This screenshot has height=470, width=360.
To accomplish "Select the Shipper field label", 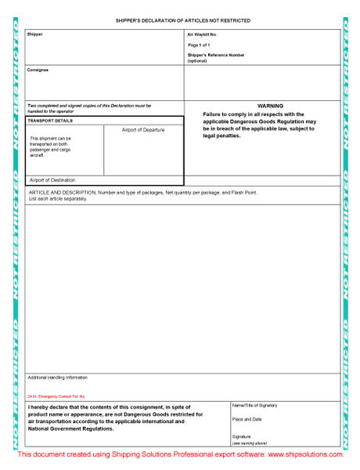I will (35, 34).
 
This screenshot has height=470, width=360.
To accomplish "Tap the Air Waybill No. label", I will (202, 35).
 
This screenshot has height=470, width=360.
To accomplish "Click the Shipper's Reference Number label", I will (215, 55).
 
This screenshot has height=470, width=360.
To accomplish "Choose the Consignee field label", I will (38, 70).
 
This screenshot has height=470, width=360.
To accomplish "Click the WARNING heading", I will (270, 106).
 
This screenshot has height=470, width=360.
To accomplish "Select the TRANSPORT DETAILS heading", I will (50, 121).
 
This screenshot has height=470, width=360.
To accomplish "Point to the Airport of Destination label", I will (52, 180).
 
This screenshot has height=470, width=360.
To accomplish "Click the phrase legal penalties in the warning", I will (221, 136).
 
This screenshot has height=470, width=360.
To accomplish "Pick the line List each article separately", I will (57, 198).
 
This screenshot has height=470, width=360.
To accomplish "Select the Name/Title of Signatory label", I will (254, 406).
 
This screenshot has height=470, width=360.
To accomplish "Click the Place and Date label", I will (247, 419).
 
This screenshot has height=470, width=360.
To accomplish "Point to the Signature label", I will (241, 436).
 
